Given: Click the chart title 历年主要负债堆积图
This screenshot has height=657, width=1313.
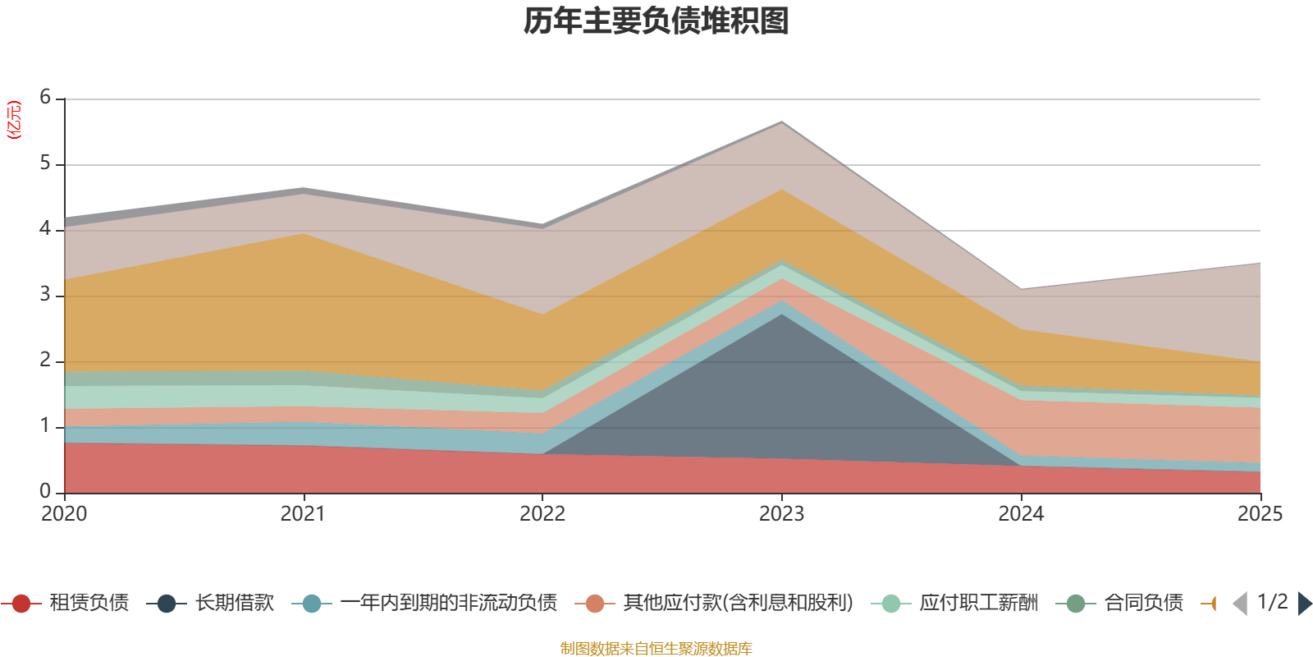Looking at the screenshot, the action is pyautogui.click(x=656, y=21).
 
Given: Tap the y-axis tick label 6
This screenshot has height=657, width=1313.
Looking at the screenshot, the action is pyautogui.click(x=45, y=97).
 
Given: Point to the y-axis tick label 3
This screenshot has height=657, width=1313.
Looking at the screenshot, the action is pyautogui.click(x=45, y=294).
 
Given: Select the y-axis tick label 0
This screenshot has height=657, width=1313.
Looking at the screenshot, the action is pyautogui.click(x=45, y=491).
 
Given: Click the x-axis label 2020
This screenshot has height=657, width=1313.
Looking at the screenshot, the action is pyautogui.click(x=64, y=514).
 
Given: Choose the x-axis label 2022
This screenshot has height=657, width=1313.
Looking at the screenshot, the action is pyautogui.click(x=542, y=514).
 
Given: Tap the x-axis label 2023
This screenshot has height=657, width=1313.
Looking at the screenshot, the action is pyautogui.click(x=781, y=514).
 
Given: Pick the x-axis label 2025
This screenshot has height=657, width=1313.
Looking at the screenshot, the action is pyautogui.click(x=1260, y=514).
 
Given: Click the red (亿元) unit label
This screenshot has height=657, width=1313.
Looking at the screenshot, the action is pyautogui.click(x=13, y=120).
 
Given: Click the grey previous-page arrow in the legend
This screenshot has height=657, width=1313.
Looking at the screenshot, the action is pyautogui.click(x=1240, y=604).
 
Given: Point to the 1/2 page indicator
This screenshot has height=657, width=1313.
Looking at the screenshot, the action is pyautogui.click(x=1273, y=602).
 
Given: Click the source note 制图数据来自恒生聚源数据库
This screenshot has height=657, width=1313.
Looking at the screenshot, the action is pyautogui.click(x=656, y=648).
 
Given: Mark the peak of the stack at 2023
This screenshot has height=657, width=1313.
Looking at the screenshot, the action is pyautogui.click(x=782, y=122).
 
